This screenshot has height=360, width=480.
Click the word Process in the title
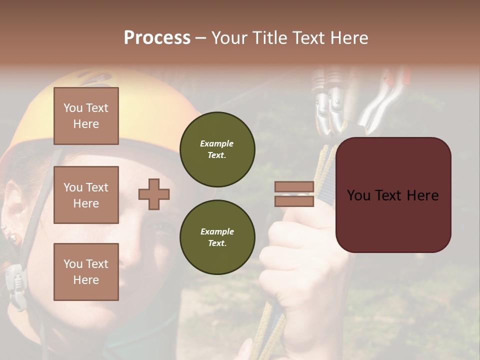point(157,38)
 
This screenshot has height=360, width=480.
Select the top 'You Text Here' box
point(86,116)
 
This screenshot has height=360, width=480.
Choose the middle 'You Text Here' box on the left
point(86,195)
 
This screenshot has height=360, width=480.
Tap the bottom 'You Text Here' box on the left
point(86,271)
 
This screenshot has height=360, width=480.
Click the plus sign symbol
point(154,194)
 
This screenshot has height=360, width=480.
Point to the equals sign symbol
point(294,194)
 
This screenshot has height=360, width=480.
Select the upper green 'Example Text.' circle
point(217,149)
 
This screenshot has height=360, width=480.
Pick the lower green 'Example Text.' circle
point(217,237)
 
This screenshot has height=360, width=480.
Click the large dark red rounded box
point(393,194)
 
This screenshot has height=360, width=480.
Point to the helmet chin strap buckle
point(15,280)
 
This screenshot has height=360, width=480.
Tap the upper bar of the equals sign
point(294,187)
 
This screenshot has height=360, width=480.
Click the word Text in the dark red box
point(392,195)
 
